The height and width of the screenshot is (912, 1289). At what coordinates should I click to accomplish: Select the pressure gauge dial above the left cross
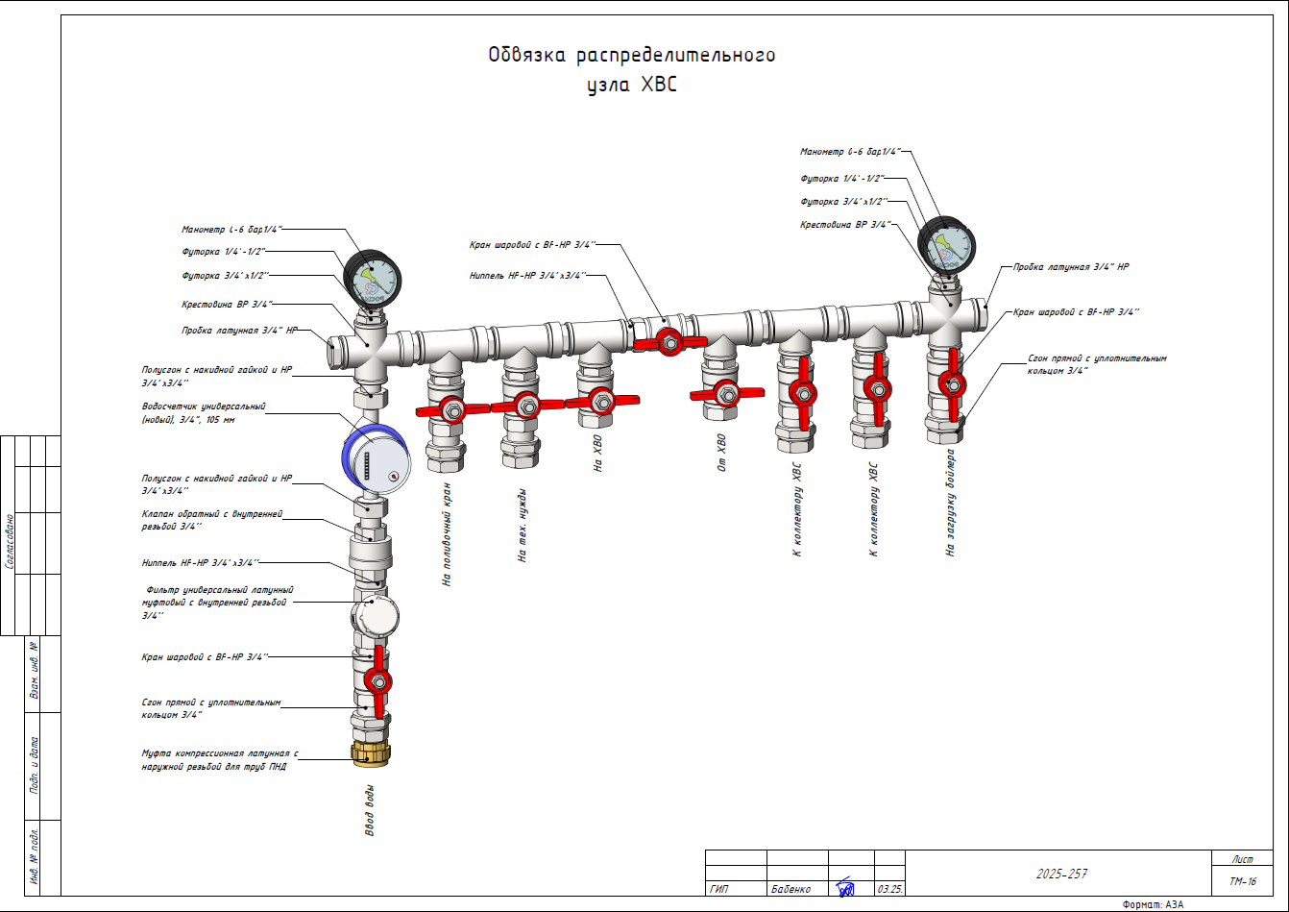[372, 278]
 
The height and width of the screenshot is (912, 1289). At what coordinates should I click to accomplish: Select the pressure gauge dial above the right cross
[946, 246]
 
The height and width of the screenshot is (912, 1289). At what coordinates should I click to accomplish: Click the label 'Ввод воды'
[370, 810]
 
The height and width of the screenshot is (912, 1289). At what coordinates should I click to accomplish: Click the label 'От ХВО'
[722, 454]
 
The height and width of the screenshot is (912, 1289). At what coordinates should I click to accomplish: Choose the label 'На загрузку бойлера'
[950, 502]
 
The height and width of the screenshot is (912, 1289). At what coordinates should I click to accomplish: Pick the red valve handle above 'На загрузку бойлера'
[954, 385]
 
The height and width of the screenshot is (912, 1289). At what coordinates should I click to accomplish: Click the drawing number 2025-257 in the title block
[1061, 874]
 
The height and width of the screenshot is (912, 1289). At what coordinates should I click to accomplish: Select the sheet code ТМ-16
[1242, 881]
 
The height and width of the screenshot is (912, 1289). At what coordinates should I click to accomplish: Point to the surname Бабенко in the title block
[790, 889]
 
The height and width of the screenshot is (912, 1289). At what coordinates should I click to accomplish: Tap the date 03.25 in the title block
[889, 889]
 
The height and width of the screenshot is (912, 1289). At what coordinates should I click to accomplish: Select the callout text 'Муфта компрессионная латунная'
[220, 754]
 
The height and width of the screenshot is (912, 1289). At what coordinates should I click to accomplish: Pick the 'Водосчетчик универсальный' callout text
[204, 407]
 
